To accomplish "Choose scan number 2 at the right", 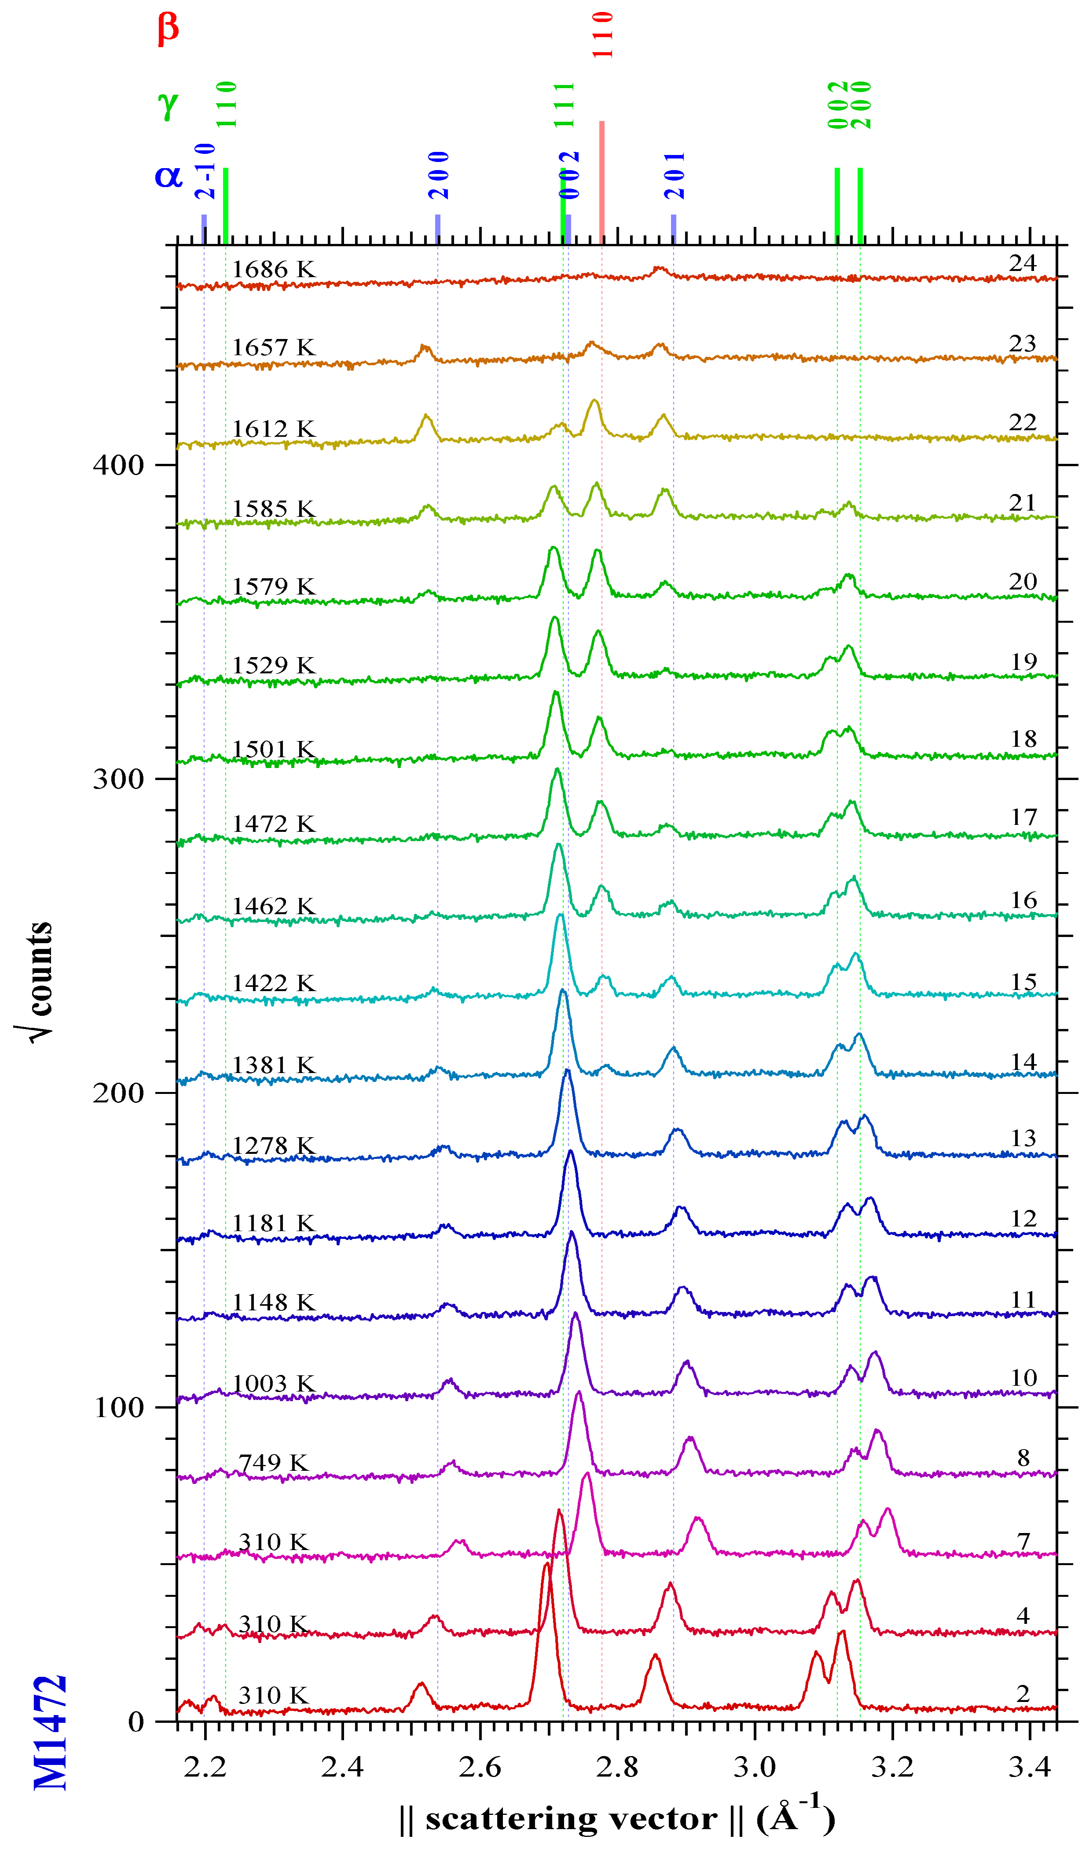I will click(x=1023, y=1693).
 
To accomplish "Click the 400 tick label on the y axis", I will click(x=118, y=465).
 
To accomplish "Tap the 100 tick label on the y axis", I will click(x=118, y=1407).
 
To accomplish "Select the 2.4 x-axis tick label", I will click(x=342, y=1766).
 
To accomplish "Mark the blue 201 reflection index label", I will click(x=674, y=175).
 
